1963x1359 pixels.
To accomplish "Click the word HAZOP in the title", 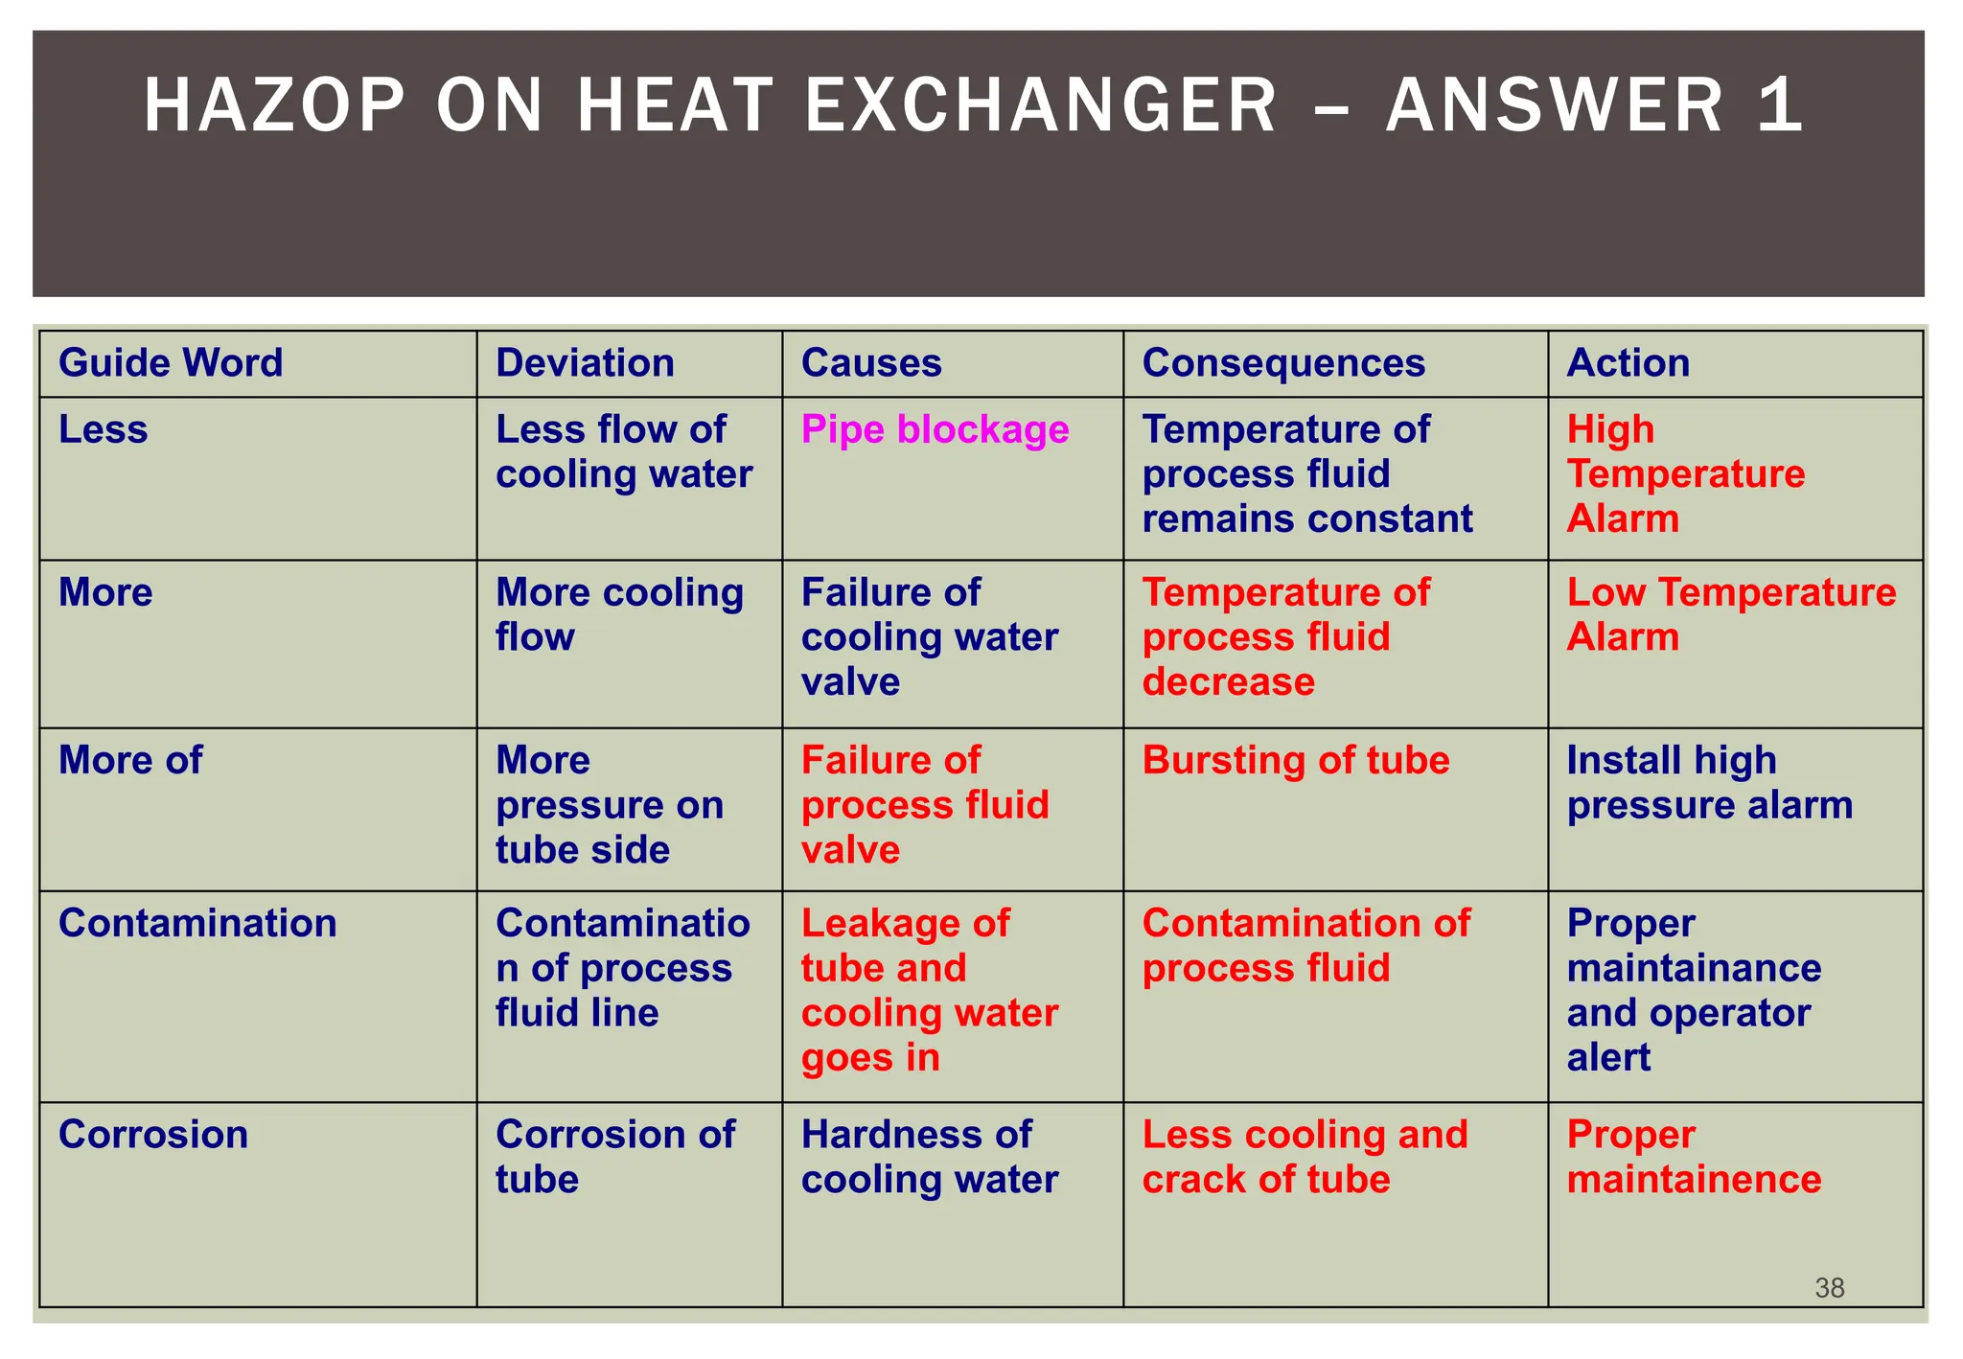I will coord(275,104).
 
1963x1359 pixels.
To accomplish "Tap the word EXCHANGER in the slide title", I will coord(1041,104).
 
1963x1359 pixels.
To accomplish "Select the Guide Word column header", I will coord(171,363).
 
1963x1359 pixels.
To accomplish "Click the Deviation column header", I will coord(585,363).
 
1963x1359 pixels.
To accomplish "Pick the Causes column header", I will coord(871,363).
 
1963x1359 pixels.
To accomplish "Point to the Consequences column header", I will coord(1283,363).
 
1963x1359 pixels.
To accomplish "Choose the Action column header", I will coord(1628,363).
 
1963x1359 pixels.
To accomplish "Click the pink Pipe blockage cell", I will coord(935,429).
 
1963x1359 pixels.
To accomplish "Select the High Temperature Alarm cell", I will coord(1685,474).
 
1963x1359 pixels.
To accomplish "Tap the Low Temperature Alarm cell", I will coord(1730,614).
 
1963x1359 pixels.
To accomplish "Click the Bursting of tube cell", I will coord(1295,760).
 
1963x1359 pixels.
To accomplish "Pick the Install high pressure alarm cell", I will coord(1709,783).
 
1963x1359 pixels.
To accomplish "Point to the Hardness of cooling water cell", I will coord(929,1157).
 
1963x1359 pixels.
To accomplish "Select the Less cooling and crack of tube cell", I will coord(1304,1157).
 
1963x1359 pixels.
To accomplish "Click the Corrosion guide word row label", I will coord(153,1135).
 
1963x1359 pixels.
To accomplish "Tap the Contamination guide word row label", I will coord(197,923).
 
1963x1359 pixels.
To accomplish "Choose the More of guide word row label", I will coord(130,760).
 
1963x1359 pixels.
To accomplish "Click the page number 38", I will coord(1829,1288).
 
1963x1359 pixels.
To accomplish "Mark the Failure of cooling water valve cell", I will coord(929,637).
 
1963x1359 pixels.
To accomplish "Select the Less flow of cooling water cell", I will coord(623,452).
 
